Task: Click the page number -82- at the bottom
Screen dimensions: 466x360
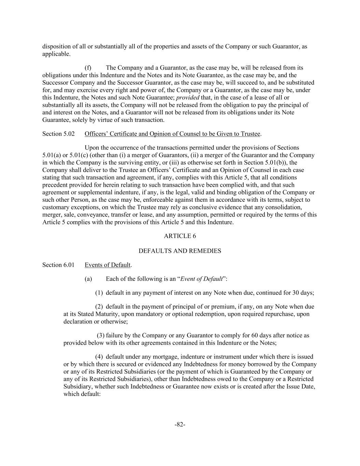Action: tap(180, 424)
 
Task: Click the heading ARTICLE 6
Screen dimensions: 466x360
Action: tap(180, 236)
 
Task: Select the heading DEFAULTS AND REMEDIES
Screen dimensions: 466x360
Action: tap(180, 251)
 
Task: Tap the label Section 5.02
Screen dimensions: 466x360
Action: tap(58, 134)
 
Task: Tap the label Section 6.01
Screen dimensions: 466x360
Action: tap(58, 265)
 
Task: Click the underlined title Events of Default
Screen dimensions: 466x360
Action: tap(107, 265)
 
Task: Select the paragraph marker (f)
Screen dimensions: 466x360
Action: tap(88, 68)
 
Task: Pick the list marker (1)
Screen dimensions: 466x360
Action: tap(99, 293)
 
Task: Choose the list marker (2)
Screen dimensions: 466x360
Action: tap(99, 307)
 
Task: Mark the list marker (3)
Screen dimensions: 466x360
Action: tap(101, 335)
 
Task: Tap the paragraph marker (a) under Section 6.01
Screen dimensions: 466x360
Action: tap(88, 279)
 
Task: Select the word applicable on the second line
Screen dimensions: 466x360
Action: tap(56, 54)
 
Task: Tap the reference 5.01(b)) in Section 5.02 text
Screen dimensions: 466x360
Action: tap(275, 163)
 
